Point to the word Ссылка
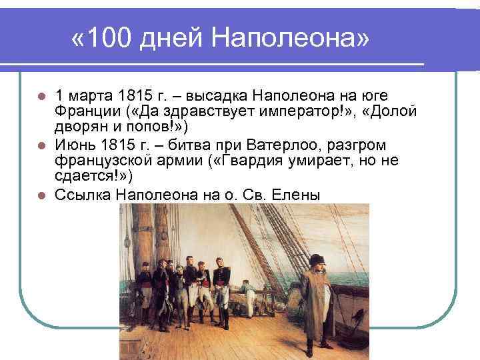tap(83, 195)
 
